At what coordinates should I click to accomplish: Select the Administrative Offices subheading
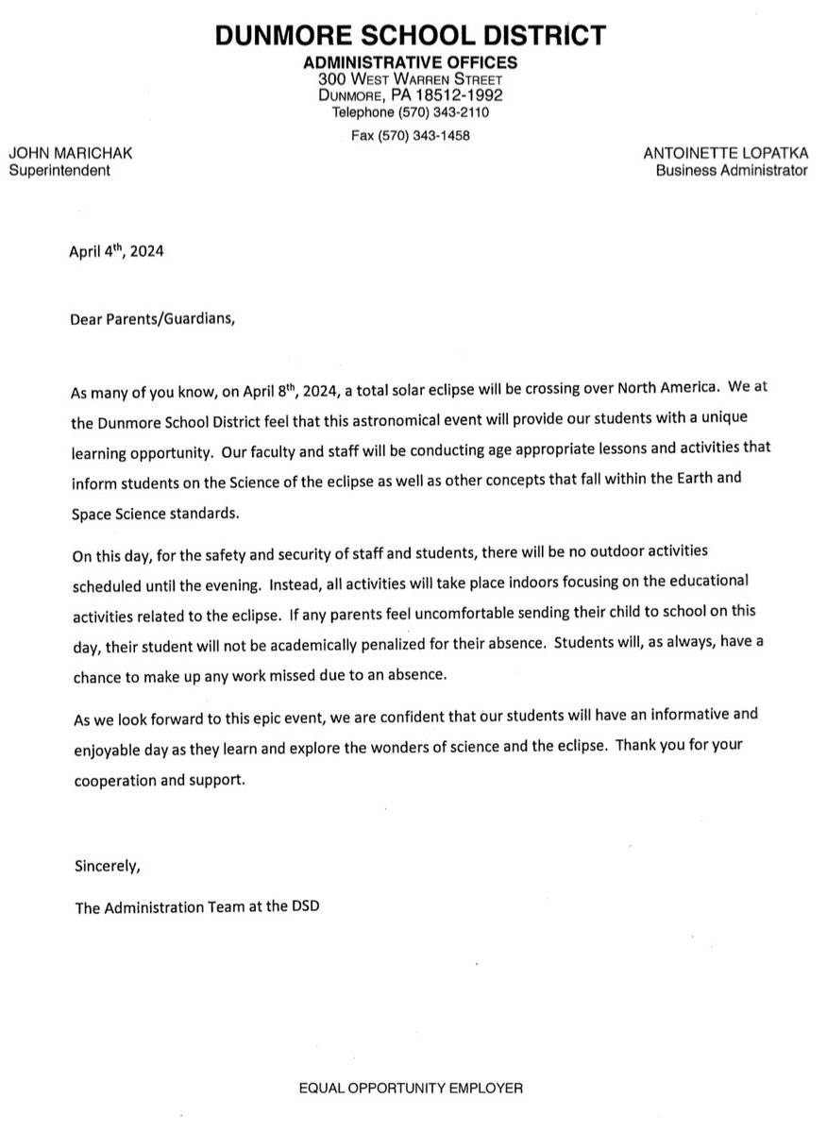(x=410, y=63)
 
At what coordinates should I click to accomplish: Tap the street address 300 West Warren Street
(x=410, y=80)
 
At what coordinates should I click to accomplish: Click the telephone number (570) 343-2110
(x=437, y=113)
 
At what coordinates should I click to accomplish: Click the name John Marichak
(x=59, y=154)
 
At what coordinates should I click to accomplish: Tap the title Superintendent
(x=59, y=171)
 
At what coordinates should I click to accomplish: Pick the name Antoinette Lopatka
(x=725, y=154)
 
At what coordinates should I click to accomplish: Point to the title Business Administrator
(x=734, y=171)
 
